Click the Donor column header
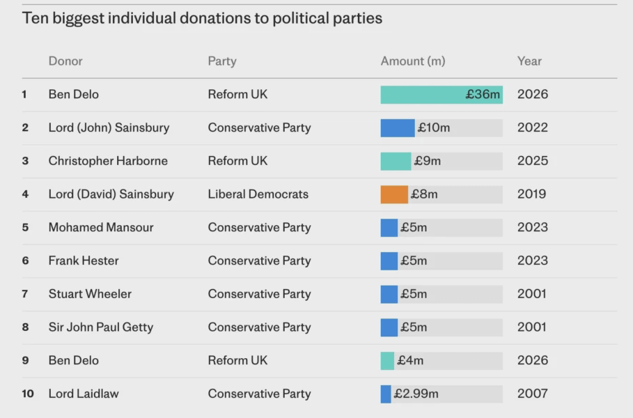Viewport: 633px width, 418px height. click(65, 61)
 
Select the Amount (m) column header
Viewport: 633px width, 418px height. click(412, 61)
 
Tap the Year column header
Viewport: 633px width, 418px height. click(529, 61)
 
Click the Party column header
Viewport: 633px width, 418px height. click(222, 61)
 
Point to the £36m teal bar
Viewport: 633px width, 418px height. click(441, 95)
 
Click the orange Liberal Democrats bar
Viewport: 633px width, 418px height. click(394, 194)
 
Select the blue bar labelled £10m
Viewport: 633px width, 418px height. click(397, 127)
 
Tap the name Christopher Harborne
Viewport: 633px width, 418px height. click(108, 161)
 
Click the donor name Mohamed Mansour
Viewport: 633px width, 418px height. click(101, 227)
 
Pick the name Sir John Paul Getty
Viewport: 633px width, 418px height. click(101, 327)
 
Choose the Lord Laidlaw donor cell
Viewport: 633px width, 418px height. click(84, 394)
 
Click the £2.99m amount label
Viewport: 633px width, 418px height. click(416, 394)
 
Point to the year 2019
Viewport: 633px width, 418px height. click(531, 194)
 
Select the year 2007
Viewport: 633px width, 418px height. click(533, 394)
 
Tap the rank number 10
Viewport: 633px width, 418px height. click(28, 394)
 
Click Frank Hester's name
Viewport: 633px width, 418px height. click(84, 261)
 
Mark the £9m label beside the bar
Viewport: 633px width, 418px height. click(427, 161)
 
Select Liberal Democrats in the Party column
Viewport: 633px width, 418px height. click(258, 194)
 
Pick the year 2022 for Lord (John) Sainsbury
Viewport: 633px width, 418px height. click(533, 127)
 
